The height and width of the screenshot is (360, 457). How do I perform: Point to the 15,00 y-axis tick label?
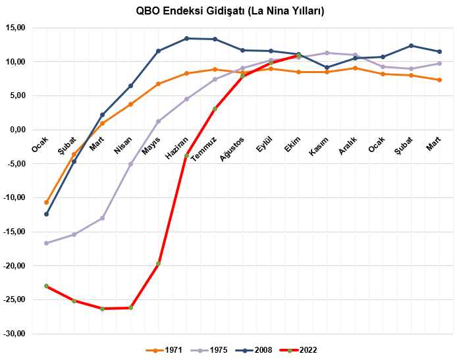(x=15, y=28)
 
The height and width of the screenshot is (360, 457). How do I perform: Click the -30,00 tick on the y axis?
(x=14, y=334)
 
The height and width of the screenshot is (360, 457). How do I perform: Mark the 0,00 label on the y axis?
(x=17, y=130)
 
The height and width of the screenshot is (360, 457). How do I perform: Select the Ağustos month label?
(x=234, y=148)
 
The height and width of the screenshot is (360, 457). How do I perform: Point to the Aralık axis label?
(x=348, y=145)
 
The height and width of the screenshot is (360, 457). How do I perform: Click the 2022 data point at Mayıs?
(x=159, y=263)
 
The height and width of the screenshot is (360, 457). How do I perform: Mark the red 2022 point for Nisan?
(x=130, y=307)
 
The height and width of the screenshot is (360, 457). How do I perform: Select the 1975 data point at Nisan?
(x=130, y=164)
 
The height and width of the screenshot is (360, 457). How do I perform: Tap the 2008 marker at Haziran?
(x=186, y=38)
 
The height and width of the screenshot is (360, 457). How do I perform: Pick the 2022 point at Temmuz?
(x=215, y=109)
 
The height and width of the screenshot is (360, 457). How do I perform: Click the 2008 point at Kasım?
(x=327, y=67)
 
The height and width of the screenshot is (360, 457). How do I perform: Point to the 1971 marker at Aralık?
(x=355, y=68)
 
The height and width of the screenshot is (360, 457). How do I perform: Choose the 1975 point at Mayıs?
(x=159, y=121)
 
